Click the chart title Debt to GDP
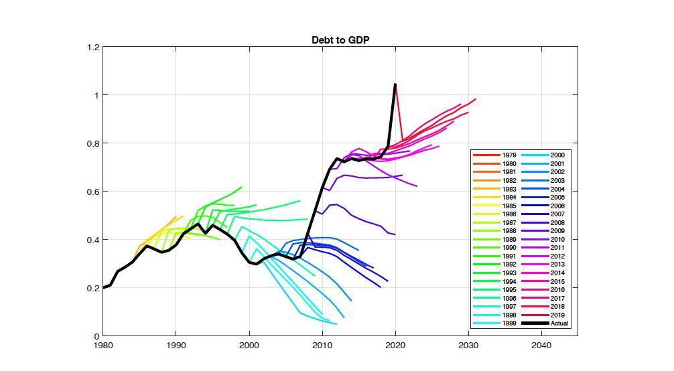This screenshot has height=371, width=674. coord(340,40)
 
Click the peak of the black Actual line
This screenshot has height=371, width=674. coord(395,84)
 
